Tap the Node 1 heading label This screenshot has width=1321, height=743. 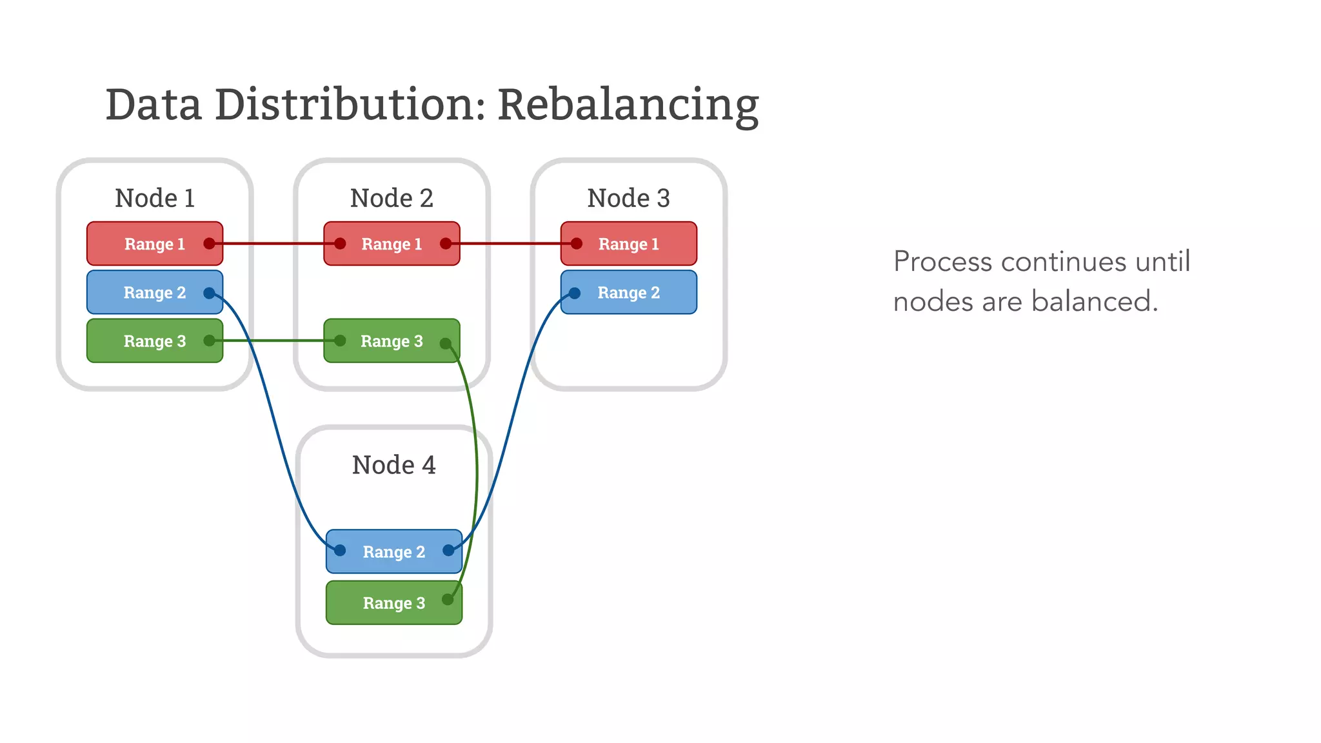[155, 198]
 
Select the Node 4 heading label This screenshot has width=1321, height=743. [393, 465]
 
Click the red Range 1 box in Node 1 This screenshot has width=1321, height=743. [155, 244]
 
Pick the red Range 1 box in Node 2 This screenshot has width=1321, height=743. [392, 244]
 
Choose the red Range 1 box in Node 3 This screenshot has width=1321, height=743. [628, 244]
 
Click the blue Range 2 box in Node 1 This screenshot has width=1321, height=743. [155, 293]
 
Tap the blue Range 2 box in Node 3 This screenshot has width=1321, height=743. [628, 293]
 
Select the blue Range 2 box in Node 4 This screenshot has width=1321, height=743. [393, 551]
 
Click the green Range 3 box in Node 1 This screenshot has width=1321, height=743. [155, 341]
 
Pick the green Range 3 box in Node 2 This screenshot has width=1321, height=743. [392, 341]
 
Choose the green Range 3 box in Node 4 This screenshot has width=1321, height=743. [393, 603]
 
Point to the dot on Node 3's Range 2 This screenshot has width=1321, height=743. [575, 293]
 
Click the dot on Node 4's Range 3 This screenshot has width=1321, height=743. [447, 600]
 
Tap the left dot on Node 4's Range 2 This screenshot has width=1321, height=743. [340, 550]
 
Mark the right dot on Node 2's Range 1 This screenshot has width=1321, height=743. [446, 244]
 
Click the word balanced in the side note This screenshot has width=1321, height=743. [1094, 301]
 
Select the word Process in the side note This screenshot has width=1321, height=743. [942, 262]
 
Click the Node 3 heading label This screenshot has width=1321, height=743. [628, 198]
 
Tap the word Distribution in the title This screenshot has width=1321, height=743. [349, 104]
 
